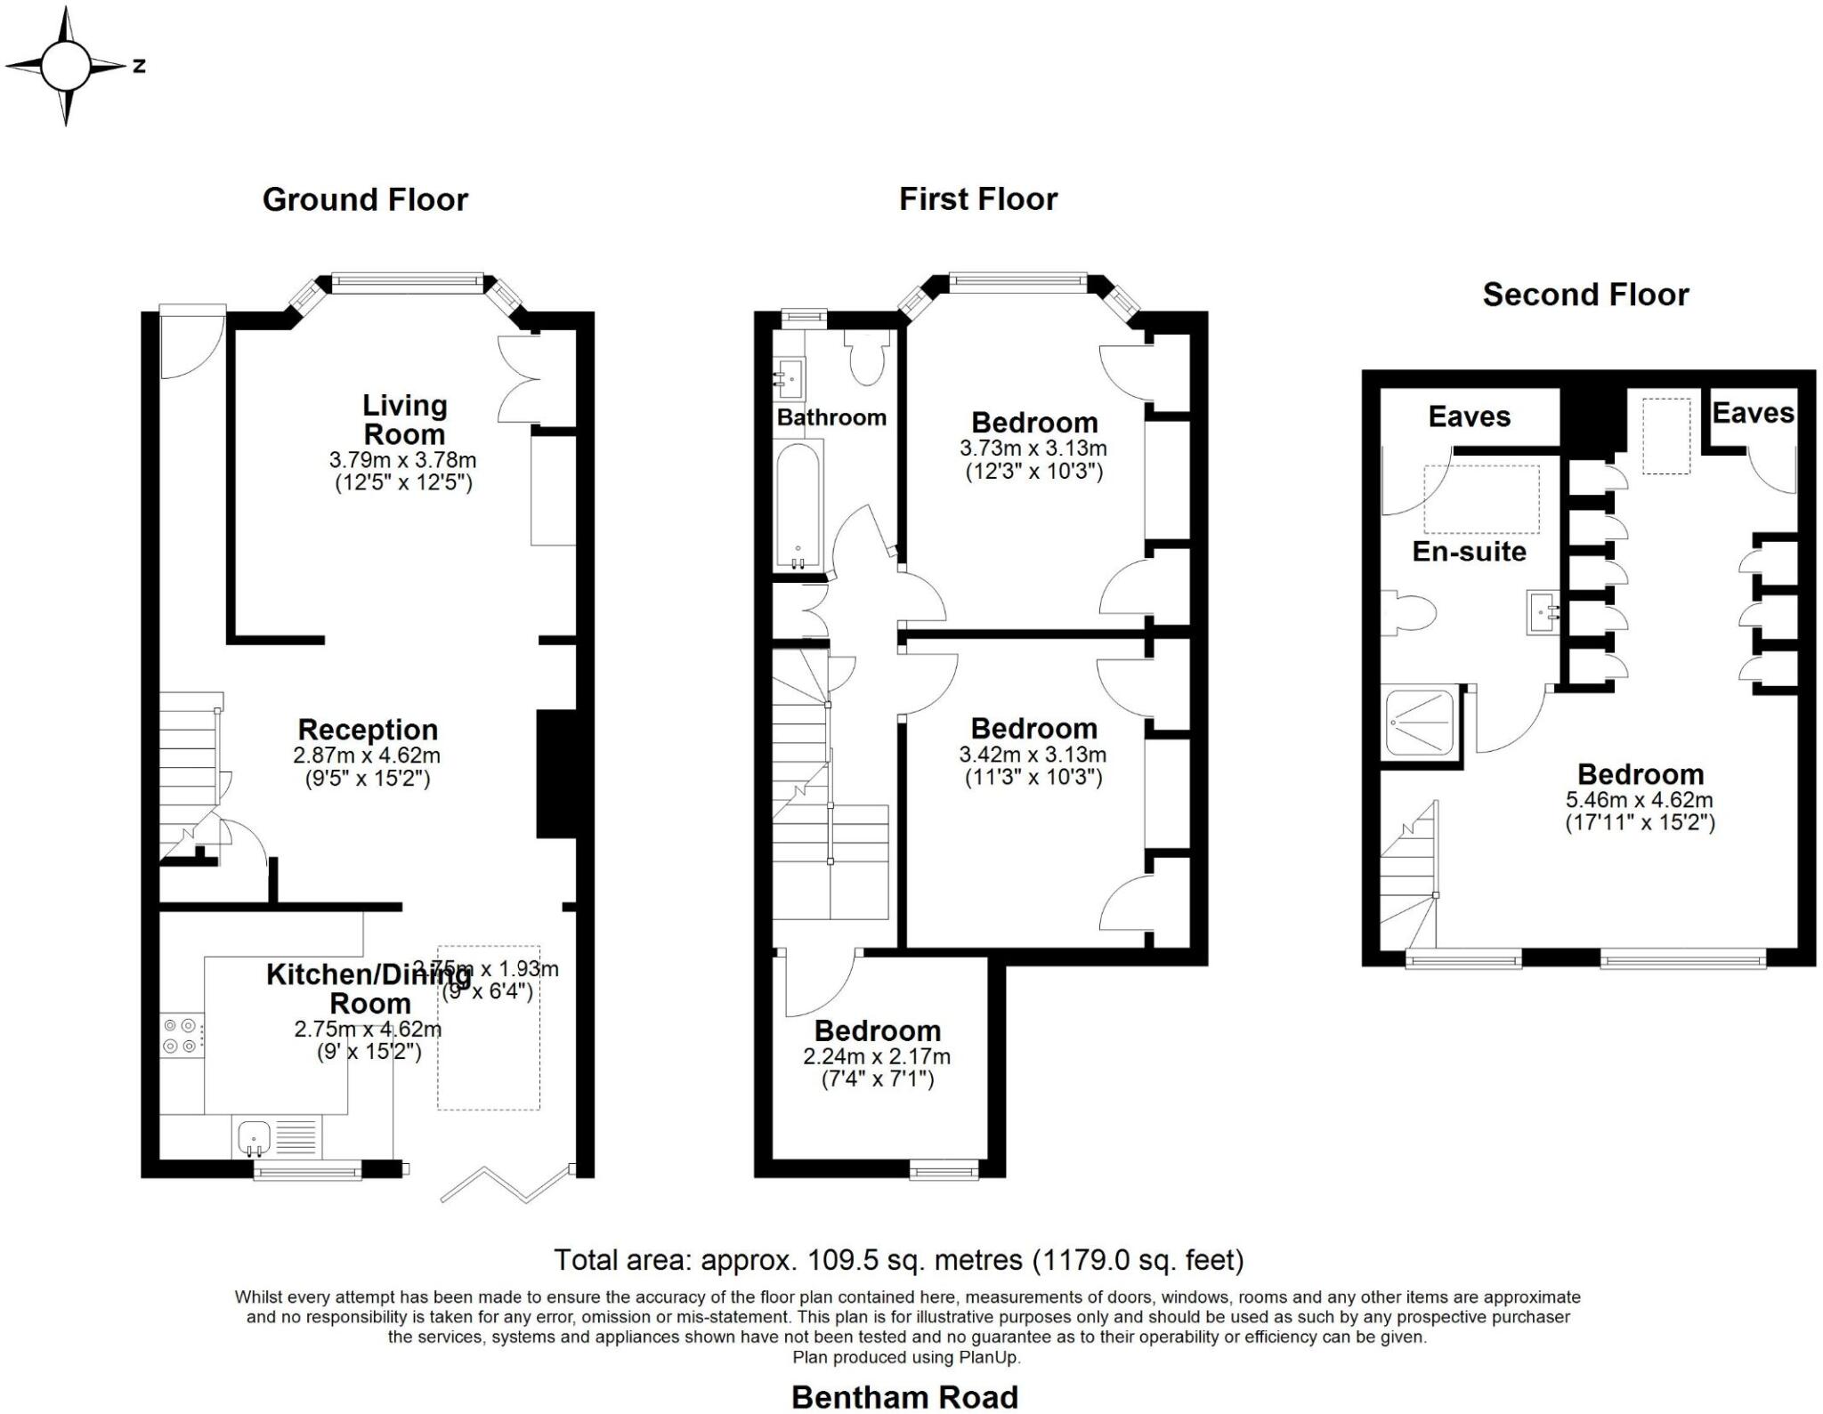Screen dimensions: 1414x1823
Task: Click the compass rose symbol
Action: pyautogui.click(x=65, y=66)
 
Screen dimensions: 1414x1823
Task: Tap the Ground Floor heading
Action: pyautogui.click(x=365, y=199)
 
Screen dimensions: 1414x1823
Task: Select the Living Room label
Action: pyautogui.click(x=404, y=420)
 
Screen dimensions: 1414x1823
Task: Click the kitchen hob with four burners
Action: pyautogui.click(x=181, y=1036)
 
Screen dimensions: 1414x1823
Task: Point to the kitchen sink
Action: pyautogui.click(x=255, y=1137)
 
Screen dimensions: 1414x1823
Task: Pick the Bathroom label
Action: pyautogui.click(x=831, y=417)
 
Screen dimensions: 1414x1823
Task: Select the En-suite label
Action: pyautogui.click(x=1469, y=552)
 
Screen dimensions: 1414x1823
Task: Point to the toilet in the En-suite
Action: pyautogui.click(x=1412, y=613)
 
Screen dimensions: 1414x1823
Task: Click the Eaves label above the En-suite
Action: pyautogui.click(x=1469, y=416)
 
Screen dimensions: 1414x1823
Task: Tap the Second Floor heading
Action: pyautogui.click(x=1585, y=295)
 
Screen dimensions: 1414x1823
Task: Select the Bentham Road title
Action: pyautogui.click(x=904, y=1396)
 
